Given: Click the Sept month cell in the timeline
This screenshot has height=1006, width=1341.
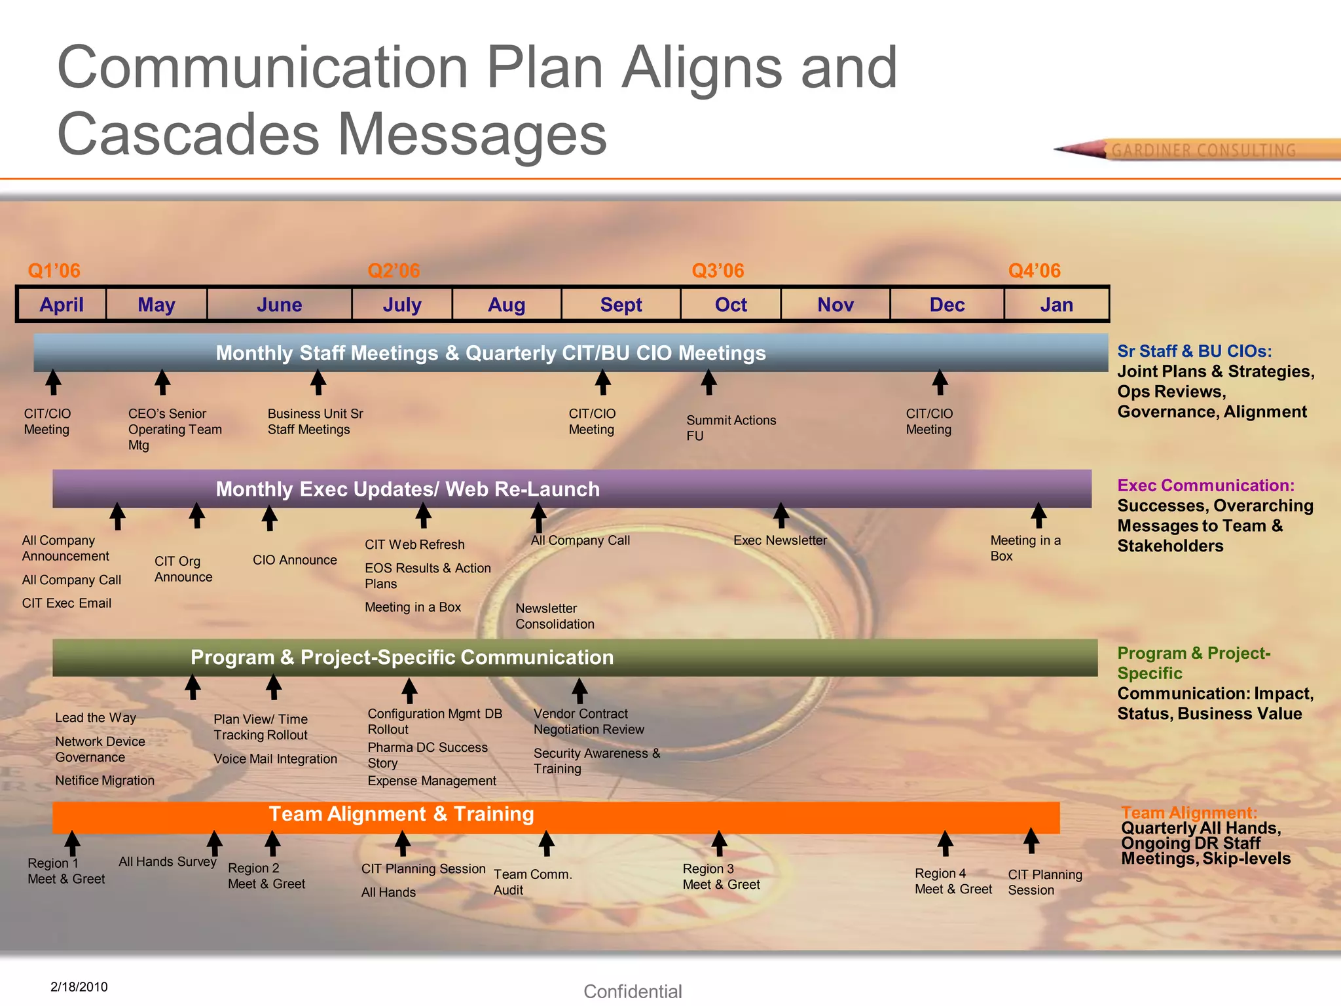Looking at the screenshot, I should coord(621,305).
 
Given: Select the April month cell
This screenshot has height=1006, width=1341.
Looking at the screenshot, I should coord(62,305).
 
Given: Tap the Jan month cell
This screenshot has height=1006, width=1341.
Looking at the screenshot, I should coord(1056,305).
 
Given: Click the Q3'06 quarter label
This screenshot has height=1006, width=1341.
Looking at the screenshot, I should coord(718,270).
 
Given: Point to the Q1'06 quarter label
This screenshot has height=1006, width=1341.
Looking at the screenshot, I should coord(54,270).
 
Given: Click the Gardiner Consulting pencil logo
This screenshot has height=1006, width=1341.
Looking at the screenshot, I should coord(1198,150).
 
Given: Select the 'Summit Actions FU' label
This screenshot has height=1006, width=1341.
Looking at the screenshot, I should coord(731,428).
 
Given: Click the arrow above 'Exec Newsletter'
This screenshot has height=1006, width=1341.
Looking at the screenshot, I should coord(781,515).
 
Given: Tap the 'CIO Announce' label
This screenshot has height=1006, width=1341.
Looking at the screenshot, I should coord(295,560).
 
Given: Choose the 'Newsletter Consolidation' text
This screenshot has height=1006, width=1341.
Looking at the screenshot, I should coord(555,616).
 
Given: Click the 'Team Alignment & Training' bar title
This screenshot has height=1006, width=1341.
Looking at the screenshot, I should coord(401,814).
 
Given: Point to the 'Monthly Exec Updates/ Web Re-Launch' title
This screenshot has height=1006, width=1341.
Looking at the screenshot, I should coord(407,489).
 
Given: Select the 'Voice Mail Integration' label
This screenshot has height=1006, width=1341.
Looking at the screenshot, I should coord(275,759).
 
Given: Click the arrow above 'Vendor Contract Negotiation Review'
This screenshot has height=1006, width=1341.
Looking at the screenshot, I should coord(579,690).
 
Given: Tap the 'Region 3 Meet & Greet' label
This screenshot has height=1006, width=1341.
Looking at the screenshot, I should coord(721,876).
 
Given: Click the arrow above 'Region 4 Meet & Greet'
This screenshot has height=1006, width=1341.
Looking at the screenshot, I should coord(945,844).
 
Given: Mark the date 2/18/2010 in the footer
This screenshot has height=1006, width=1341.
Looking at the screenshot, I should coord(79,987).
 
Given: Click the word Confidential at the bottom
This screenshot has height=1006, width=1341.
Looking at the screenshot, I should coord(633,992).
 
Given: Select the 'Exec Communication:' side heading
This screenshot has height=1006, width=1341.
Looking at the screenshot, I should coord(1205,485).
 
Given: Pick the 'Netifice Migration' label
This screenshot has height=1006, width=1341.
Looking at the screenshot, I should coord(105,781).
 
